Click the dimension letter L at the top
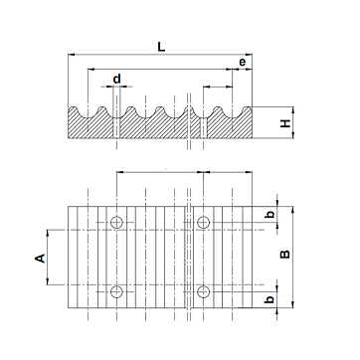[x=161, y=47]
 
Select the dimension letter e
[x=243, y=62]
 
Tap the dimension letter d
[x=117, y=79]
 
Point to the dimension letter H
[x=285, y=123]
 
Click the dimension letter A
[x=40, y=259]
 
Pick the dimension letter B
[x=285, y=254]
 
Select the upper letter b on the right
[x=270, y=215]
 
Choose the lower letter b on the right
[x=270, y=299]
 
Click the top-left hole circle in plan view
[x=116, y=222]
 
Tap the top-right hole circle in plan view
[x=203, y=222]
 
